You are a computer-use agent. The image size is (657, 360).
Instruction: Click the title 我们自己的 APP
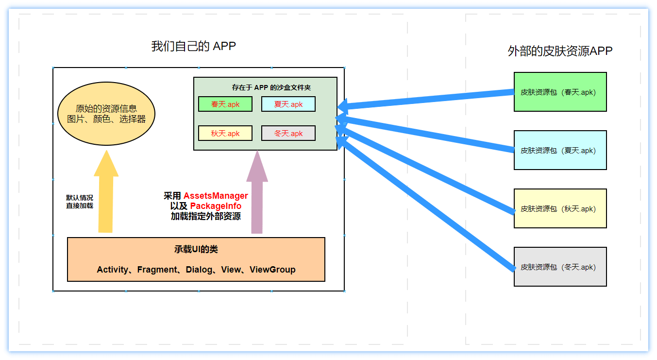point(193,46)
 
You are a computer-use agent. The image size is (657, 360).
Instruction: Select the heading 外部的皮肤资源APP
point(560,51)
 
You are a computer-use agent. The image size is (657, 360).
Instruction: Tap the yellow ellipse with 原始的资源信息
point(106,114)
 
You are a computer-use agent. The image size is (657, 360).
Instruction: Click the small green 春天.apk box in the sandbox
point(225,104)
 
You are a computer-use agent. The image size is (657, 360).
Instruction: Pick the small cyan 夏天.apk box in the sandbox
point(288,104)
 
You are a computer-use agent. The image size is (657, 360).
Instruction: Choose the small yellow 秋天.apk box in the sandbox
point(225,133)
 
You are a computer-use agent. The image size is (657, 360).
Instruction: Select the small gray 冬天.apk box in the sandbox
point(288,133)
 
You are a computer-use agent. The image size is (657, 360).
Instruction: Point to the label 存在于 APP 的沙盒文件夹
point(271,87)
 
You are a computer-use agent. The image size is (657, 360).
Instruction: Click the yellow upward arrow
point(106,194)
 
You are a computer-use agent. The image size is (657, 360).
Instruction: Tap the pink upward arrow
point(257,194)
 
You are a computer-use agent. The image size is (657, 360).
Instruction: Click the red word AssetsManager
point(216,196)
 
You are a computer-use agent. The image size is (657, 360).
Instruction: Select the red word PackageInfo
point(216,206)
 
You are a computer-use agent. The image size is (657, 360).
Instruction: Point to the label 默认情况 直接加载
point(80,202)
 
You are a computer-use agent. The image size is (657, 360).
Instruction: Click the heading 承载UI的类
point(196,249)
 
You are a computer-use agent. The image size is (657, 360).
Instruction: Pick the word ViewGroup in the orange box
point(272,270)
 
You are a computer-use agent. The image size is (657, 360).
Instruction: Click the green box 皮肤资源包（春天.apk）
point(560,92)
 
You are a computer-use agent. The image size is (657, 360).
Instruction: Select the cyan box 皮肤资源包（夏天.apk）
point(560,150)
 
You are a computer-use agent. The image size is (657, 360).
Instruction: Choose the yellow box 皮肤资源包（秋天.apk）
point(560,208)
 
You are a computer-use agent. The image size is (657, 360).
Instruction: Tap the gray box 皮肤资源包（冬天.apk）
point(560,267)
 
